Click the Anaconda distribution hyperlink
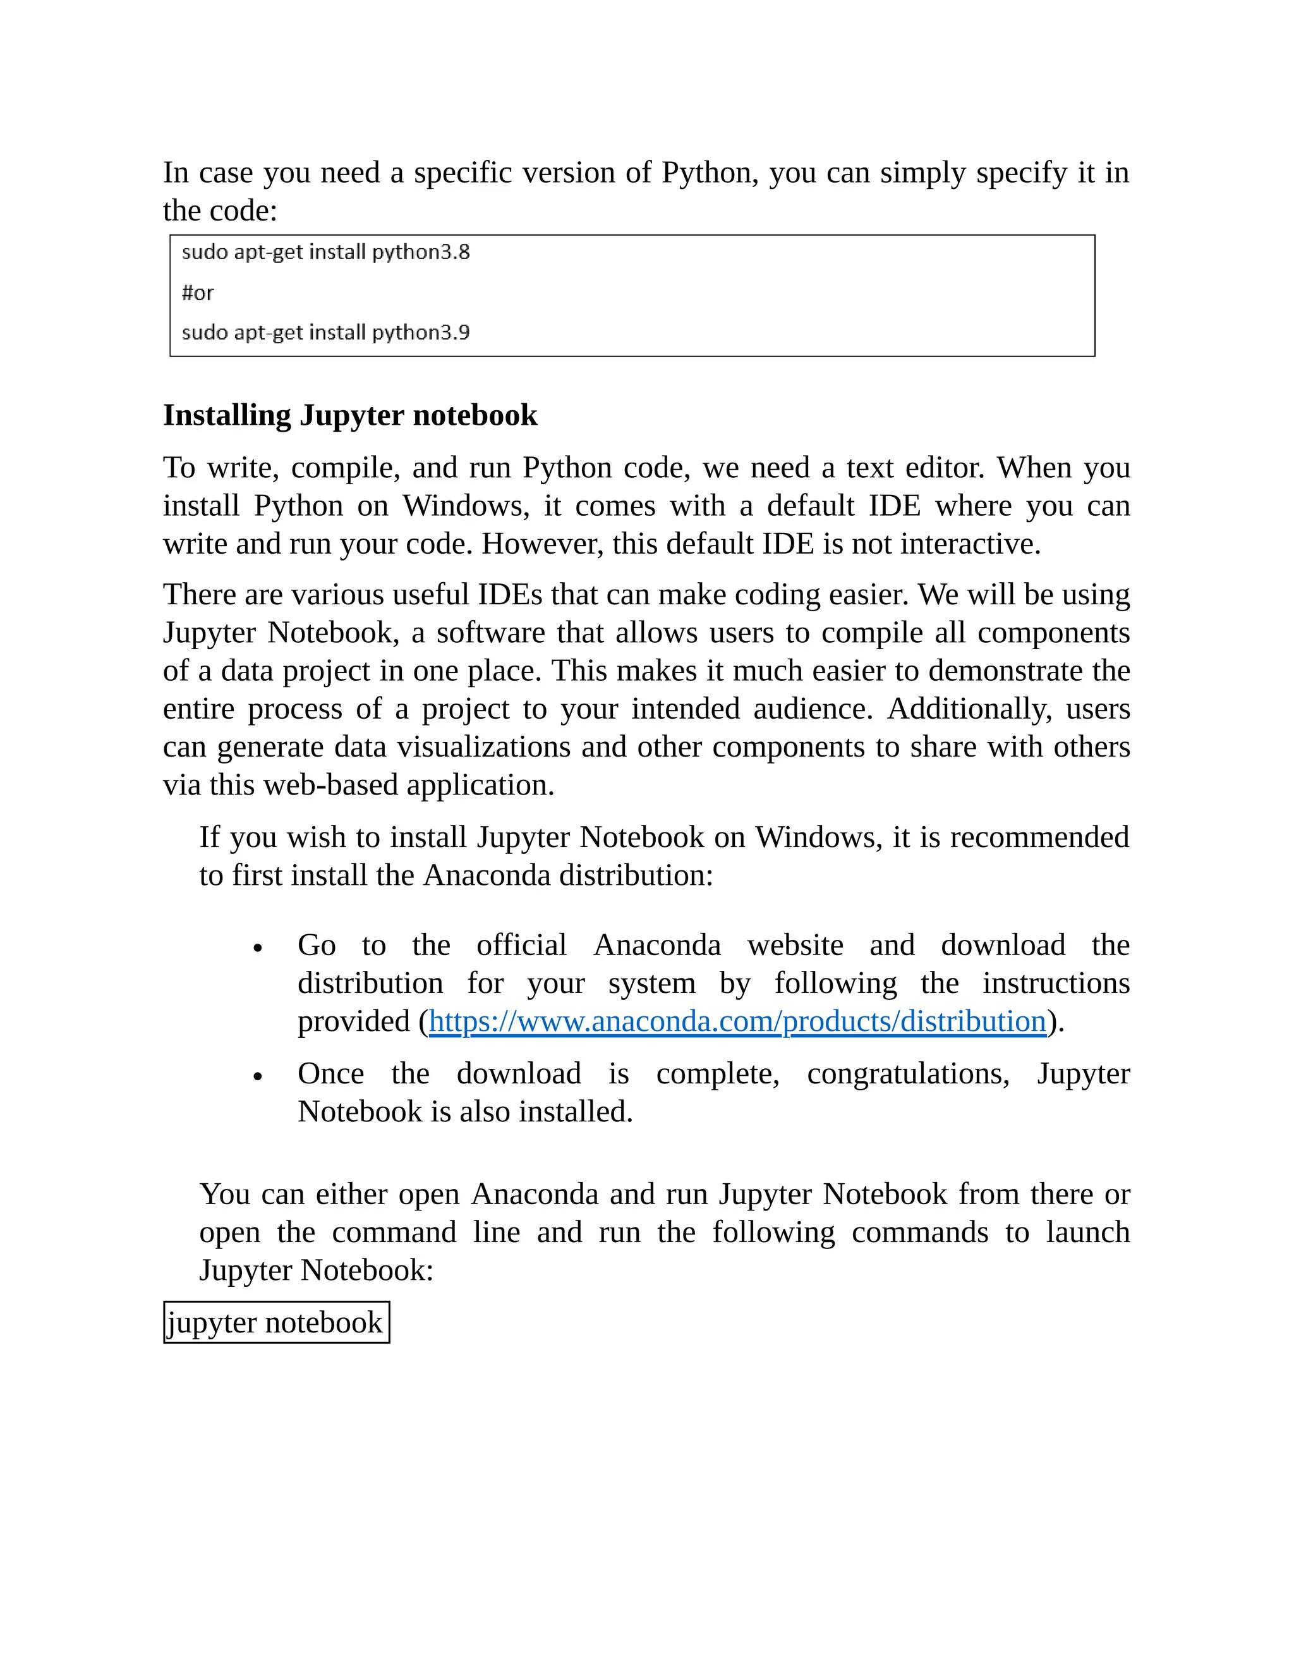[x=737, y=1021]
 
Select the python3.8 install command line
[x=326, y=252]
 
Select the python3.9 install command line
[x=326, y=333]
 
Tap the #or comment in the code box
[x=198, y=293]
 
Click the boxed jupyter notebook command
[x=276, y=1322]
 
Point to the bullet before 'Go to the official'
[x=258, y=949]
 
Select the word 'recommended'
[x=1039, y=837]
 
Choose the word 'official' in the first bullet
[x=521, y=945]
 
